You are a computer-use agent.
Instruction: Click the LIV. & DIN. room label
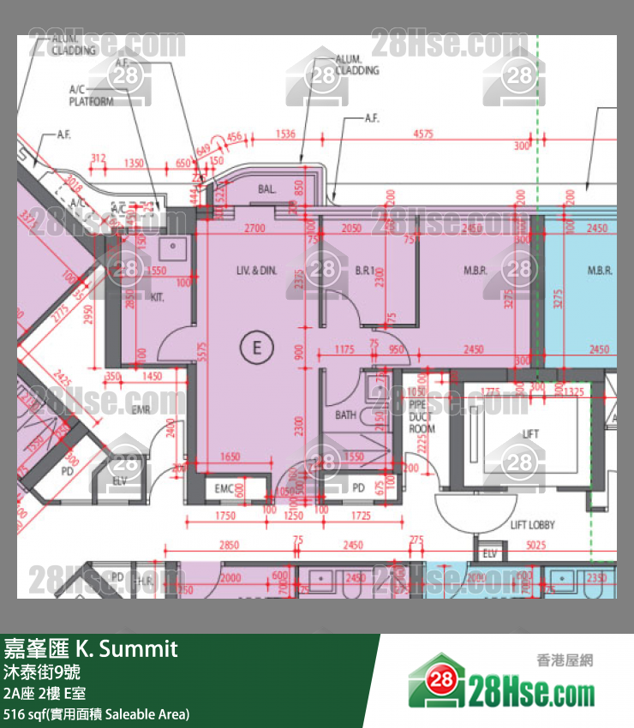[257, 271]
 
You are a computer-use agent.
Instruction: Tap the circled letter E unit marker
[255, 347]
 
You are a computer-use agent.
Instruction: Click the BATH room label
[346, 415]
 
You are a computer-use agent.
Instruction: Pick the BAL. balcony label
[265, 190]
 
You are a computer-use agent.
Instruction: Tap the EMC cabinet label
[224, 488]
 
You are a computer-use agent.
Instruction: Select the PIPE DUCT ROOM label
[422, 415]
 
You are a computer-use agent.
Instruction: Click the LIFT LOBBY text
[532, 524]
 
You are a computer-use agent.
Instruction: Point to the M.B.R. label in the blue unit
[600, 271]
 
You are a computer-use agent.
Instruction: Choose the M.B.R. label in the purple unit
[475, 271]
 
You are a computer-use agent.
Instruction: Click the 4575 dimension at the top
[422, 134]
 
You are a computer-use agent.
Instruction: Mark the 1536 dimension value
[287, 134]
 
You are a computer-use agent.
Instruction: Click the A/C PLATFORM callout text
[91, 94]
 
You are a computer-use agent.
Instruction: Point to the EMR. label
[141, 410]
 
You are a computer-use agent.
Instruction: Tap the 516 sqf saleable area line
[96, 713]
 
